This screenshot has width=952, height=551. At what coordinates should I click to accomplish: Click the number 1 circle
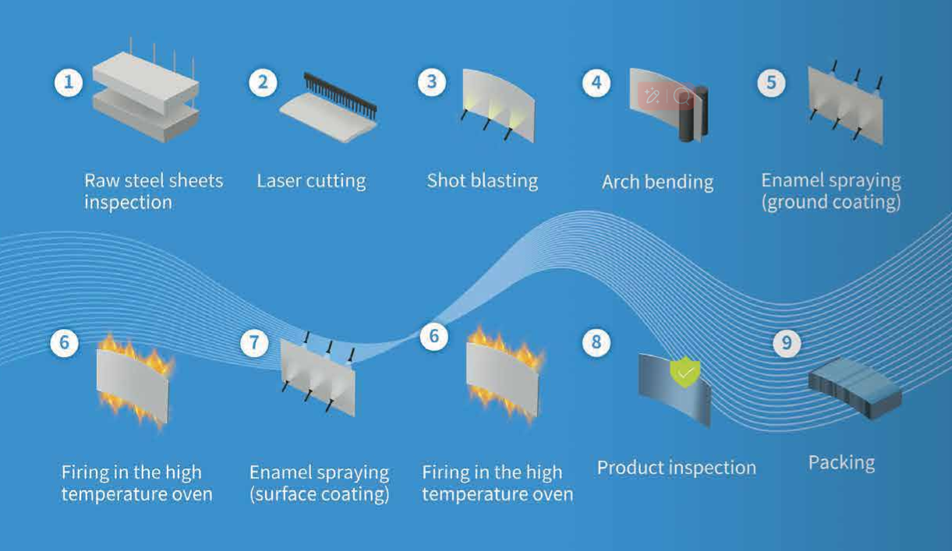click(69, 82)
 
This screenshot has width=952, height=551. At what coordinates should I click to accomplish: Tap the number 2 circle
click(263, 82)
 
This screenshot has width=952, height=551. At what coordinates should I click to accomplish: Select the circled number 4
click(596, 82)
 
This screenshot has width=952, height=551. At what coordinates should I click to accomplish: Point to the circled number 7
click(254, 343)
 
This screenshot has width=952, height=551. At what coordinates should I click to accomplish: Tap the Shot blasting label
click(482, 181)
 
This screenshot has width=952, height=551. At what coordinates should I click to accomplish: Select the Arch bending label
click(657, 182)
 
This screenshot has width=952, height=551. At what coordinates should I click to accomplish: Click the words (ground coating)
click(830, 202)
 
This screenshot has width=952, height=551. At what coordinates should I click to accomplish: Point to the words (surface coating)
click(319, 495)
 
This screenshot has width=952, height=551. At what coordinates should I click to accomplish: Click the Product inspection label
click(676, 468)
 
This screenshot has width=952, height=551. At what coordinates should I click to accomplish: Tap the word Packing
click(841, 463)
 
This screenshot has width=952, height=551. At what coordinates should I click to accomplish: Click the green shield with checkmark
click(685, 372)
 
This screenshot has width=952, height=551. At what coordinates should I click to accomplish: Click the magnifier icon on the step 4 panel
click(683, 97)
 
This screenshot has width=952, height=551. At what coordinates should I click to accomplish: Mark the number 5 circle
click(771, 82)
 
